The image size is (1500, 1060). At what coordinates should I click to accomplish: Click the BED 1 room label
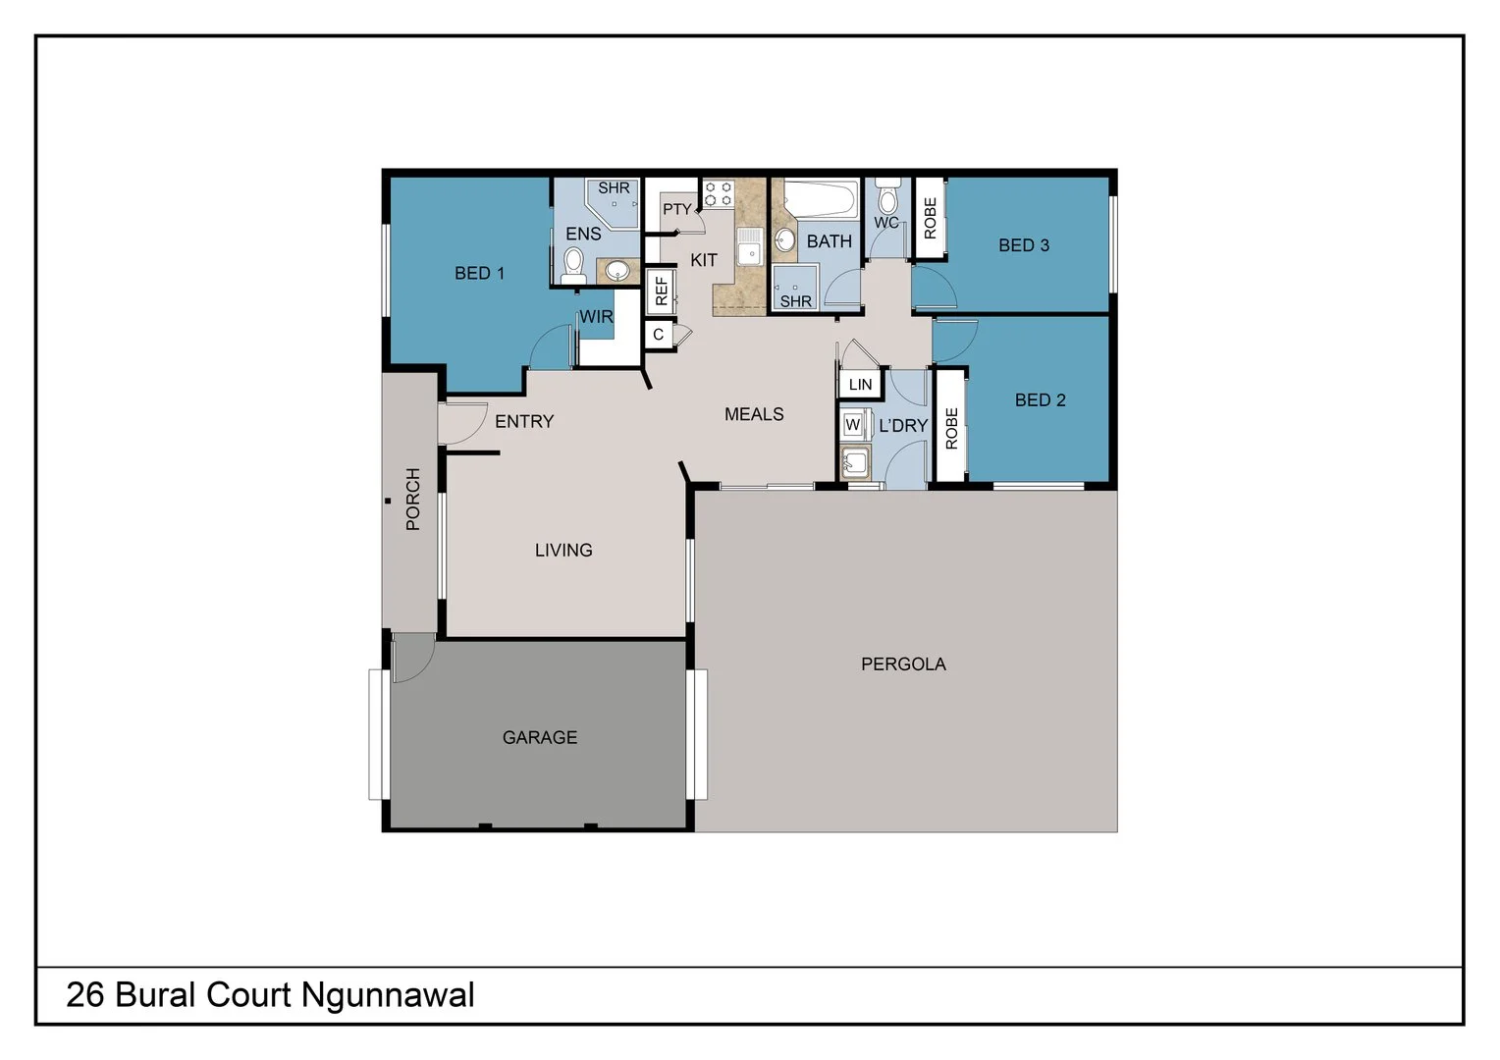(x=479, y=273)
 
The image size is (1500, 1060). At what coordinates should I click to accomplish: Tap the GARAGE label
(x=539, y=737)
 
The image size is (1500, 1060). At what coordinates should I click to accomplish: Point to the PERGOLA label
(x=903, y=664)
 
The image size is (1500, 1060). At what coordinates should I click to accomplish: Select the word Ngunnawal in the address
(x=388, y=995)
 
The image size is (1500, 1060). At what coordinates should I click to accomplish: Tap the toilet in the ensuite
(x=574, y=263)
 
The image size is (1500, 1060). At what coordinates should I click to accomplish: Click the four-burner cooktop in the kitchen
(x=718, y=192)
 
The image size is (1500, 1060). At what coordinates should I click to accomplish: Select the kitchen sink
(x=751, y=245)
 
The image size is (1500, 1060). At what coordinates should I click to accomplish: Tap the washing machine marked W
(x=852, y=425)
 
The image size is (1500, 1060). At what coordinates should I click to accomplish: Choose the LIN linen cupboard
(x=860, y=384)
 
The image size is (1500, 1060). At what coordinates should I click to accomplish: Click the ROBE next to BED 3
(x=930, y=218)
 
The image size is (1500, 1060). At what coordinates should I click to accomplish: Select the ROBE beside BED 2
(x=950, y=427)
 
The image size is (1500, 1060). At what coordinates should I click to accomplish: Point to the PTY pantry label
(x=676, y=209)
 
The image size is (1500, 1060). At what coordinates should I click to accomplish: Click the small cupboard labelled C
(x=658, y=335)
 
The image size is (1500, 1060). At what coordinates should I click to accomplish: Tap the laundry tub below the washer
(x=855, y=461)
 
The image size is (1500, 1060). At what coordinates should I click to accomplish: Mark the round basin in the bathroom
(x=785, y=240)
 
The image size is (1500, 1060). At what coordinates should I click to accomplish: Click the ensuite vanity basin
(x=616, y=270)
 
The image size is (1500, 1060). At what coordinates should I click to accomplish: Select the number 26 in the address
(x=85, y=995)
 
